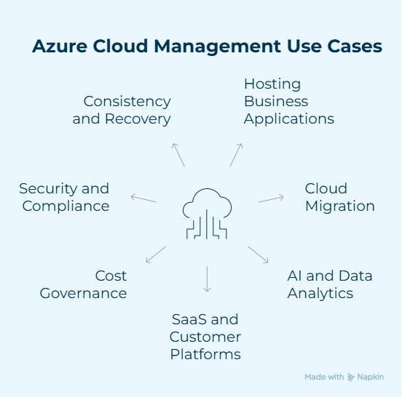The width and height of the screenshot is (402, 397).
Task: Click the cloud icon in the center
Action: (x=206, y=213)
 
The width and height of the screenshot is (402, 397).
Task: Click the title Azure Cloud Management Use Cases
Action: (x=207, y=47)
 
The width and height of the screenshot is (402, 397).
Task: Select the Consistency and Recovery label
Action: (x=122, y=110)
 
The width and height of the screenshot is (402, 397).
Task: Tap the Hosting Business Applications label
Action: (x=288, y=101)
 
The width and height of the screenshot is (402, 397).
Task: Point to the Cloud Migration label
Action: (x=339, y=197)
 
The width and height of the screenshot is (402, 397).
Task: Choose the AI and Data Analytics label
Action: (x=329, y=284)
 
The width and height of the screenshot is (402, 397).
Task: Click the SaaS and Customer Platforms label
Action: (x=205, y=337)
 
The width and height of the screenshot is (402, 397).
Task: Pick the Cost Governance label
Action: (x=83, y=284)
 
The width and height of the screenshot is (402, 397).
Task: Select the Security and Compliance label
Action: (x=64, y=197)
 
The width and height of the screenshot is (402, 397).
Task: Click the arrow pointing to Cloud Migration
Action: (x=271, y=198)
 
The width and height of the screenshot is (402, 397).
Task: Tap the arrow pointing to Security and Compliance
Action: (x=143, y=198)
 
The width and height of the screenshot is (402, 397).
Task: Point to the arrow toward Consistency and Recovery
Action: (x=178, y=155)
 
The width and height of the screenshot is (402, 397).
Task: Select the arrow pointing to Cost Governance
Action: (x=156, y=254)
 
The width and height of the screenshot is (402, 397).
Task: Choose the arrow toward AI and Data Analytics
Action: (x=259, y=254)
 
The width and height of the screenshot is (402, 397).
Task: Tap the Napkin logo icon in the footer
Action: (x=351, y=377)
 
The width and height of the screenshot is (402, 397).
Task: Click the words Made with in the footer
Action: (x=324, y=377)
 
